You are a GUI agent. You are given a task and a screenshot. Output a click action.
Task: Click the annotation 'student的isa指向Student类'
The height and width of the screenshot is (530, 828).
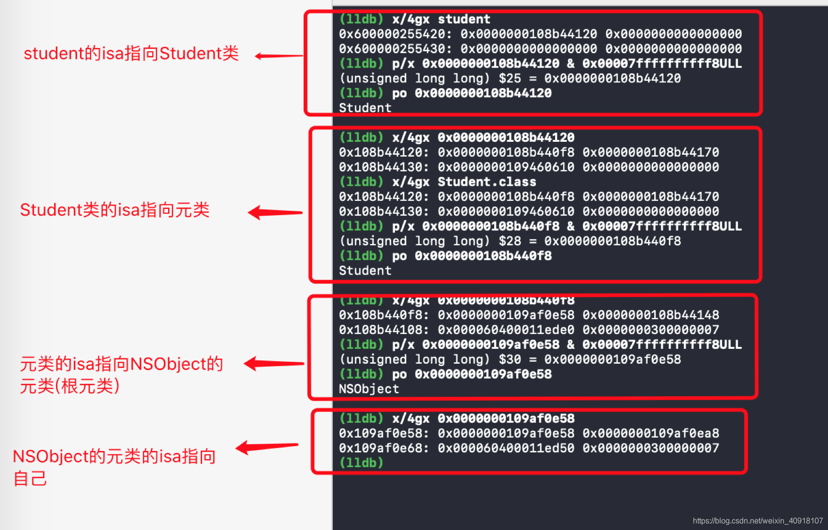pyautogui.click(x=131, y=54)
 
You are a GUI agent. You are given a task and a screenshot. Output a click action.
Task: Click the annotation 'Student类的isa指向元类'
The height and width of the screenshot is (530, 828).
pyautogui.click(x=115, y=210)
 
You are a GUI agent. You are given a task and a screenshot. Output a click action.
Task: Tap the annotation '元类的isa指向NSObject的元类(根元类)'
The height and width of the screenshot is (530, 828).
pyautogui.click(x=121, y=375)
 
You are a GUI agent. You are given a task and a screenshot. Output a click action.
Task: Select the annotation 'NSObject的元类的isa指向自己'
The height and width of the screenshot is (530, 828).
pyautogui.click(x=114, y=467)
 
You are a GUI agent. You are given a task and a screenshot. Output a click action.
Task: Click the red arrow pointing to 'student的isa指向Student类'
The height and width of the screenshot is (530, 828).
pyautogui.click(x=279, y=56)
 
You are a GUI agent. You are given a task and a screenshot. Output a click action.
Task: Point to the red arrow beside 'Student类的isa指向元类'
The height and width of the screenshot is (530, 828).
pyautogui.click(x=275, y=212)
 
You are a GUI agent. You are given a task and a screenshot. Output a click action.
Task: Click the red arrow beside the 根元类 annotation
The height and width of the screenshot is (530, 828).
pyautogui.click(x=273, y=364)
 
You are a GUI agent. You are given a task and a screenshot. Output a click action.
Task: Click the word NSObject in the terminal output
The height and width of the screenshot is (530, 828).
pyautogui.click(x=369, y=389)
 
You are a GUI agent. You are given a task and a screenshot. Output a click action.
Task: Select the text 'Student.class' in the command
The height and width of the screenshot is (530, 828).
pyautogui.click(x=487, y=182)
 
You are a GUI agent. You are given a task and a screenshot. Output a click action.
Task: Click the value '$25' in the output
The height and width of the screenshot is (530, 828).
pyautogui.click(x=510, y=79)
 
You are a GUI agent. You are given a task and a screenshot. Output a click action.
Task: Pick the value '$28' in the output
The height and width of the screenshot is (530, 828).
pyautogui.click(x=510, y=241)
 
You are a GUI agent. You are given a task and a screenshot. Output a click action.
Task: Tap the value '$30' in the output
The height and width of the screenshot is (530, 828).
pyautogui.click(x=510, y=359)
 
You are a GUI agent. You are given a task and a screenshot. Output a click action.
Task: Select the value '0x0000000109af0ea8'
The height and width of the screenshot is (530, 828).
pyautogui.click(x=651, y=433)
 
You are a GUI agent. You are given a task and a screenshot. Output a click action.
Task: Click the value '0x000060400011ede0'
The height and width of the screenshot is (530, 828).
pyautogui.click(x=506, y=330)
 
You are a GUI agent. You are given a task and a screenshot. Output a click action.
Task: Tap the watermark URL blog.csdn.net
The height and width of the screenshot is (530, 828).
pyautogui.click(x=758, y=521)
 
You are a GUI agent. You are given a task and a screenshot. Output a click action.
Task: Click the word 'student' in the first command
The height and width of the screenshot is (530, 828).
pyautogui.click(x=464, y=19)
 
